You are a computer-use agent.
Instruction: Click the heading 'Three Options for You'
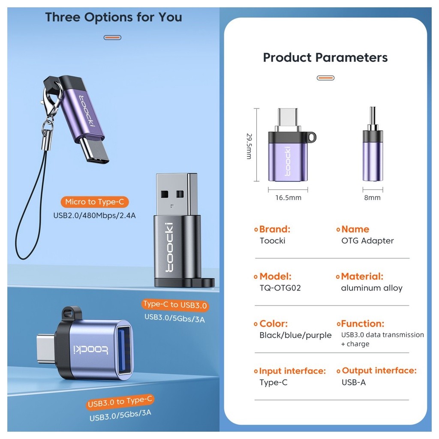pos(114,17)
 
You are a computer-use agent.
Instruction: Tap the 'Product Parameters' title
pos(325,58)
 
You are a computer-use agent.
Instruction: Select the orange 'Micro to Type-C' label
pos(95,202)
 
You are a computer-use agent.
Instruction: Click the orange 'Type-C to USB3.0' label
pos(175,305)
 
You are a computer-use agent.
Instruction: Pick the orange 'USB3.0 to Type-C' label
pos(120,402)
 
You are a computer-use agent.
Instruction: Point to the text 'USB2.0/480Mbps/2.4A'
pos(94,216)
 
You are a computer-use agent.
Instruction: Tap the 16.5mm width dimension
pos(288,198)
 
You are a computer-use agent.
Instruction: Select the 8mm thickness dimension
pos(373,198)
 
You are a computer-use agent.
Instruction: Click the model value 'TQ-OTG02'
pos(280,288)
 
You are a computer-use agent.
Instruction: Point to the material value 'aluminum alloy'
pos(372,288)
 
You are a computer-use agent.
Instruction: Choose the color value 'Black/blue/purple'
pos(295,335)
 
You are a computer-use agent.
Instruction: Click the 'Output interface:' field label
pos(379,371)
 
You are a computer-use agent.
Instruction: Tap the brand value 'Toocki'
pos(272,241)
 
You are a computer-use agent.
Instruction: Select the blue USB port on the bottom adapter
pos(124,350)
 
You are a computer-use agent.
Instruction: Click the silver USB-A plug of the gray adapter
pos(176,195)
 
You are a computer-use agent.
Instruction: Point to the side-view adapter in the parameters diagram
pos(373,144)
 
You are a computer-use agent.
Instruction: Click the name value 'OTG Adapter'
pos(367,241)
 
